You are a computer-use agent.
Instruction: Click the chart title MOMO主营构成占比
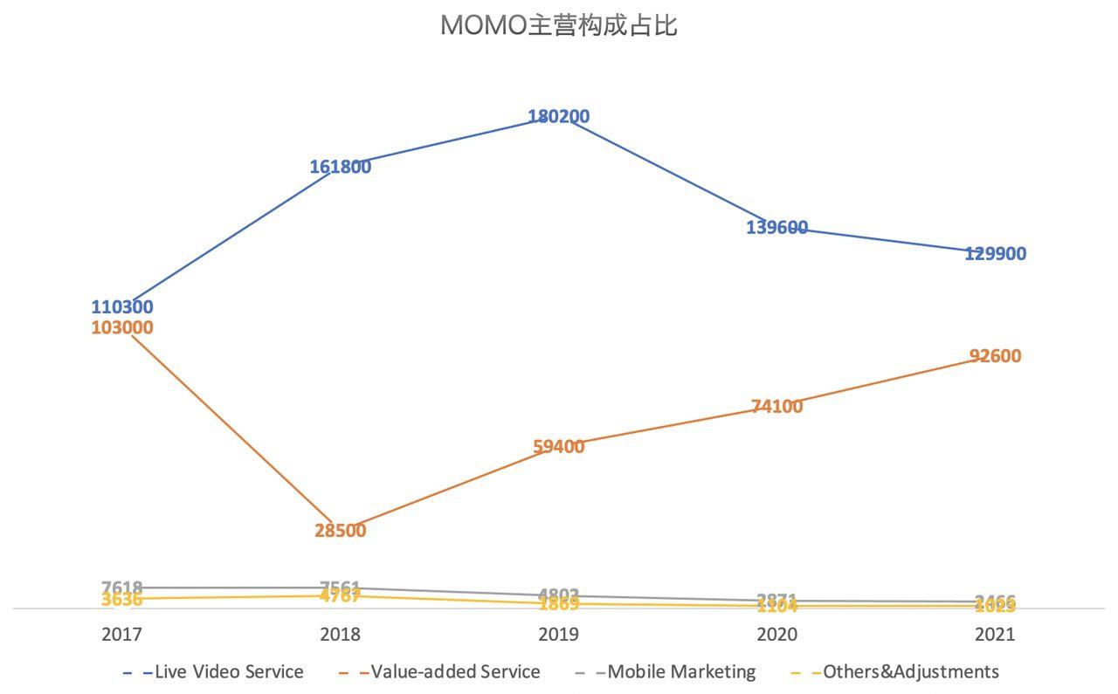coord(558,25)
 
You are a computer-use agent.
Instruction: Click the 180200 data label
coord(558,116)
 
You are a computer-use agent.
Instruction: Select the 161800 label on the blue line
coord(341,167)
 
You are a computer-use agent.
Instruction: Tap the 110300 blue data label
coord(122,307)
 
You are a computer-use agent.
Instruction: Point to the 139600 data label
coord(776,228)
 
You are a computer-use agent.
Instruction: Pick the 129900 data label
coord(995,254)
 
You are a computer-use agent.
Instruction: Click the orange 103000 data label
coord(122,328)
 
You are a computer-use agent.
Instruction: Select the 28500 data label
coord(341,531)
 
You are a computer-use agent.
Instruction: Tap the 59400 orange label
coord(558,447)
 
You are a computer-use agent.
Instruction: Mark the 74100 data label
coord(776,406)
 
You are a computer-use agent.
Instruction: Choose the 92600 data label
coord(995,356)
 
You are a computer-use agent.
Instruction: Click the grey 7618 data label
coord(122,587)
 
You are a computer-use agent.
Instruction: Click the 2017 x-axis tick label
coord(122,634)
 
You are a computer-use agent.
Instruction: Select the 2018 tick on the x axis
coord(341,634)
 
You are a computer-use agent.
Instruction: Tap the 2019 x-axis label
coord(558,634)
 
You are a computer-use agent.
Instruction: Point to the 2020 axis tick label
coord(776,634)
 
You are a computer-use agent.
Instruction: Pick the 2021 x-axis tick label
coord(995,634)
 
